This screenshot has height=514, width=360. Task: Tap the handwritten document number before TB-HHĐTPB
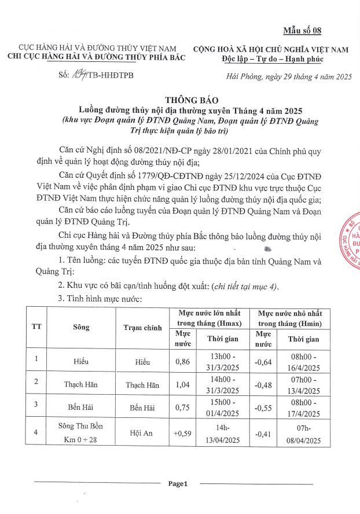coord(78,75)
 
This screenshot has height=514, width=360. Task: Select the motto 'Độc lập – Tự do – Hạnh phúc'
coord(271,59)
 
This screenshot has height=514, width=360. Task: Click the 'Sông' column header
coord(82,328)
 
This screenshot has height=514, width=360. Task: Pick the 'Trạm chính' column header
coord(142,328)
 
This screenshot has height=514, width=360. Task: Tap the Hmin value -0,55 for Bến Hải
coord(265,407)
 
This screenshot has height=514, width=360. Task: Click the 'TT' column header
coord(36,328)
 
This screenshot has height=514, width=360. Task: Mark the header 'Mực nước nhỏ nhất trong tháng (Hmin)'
coord(291,318)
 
